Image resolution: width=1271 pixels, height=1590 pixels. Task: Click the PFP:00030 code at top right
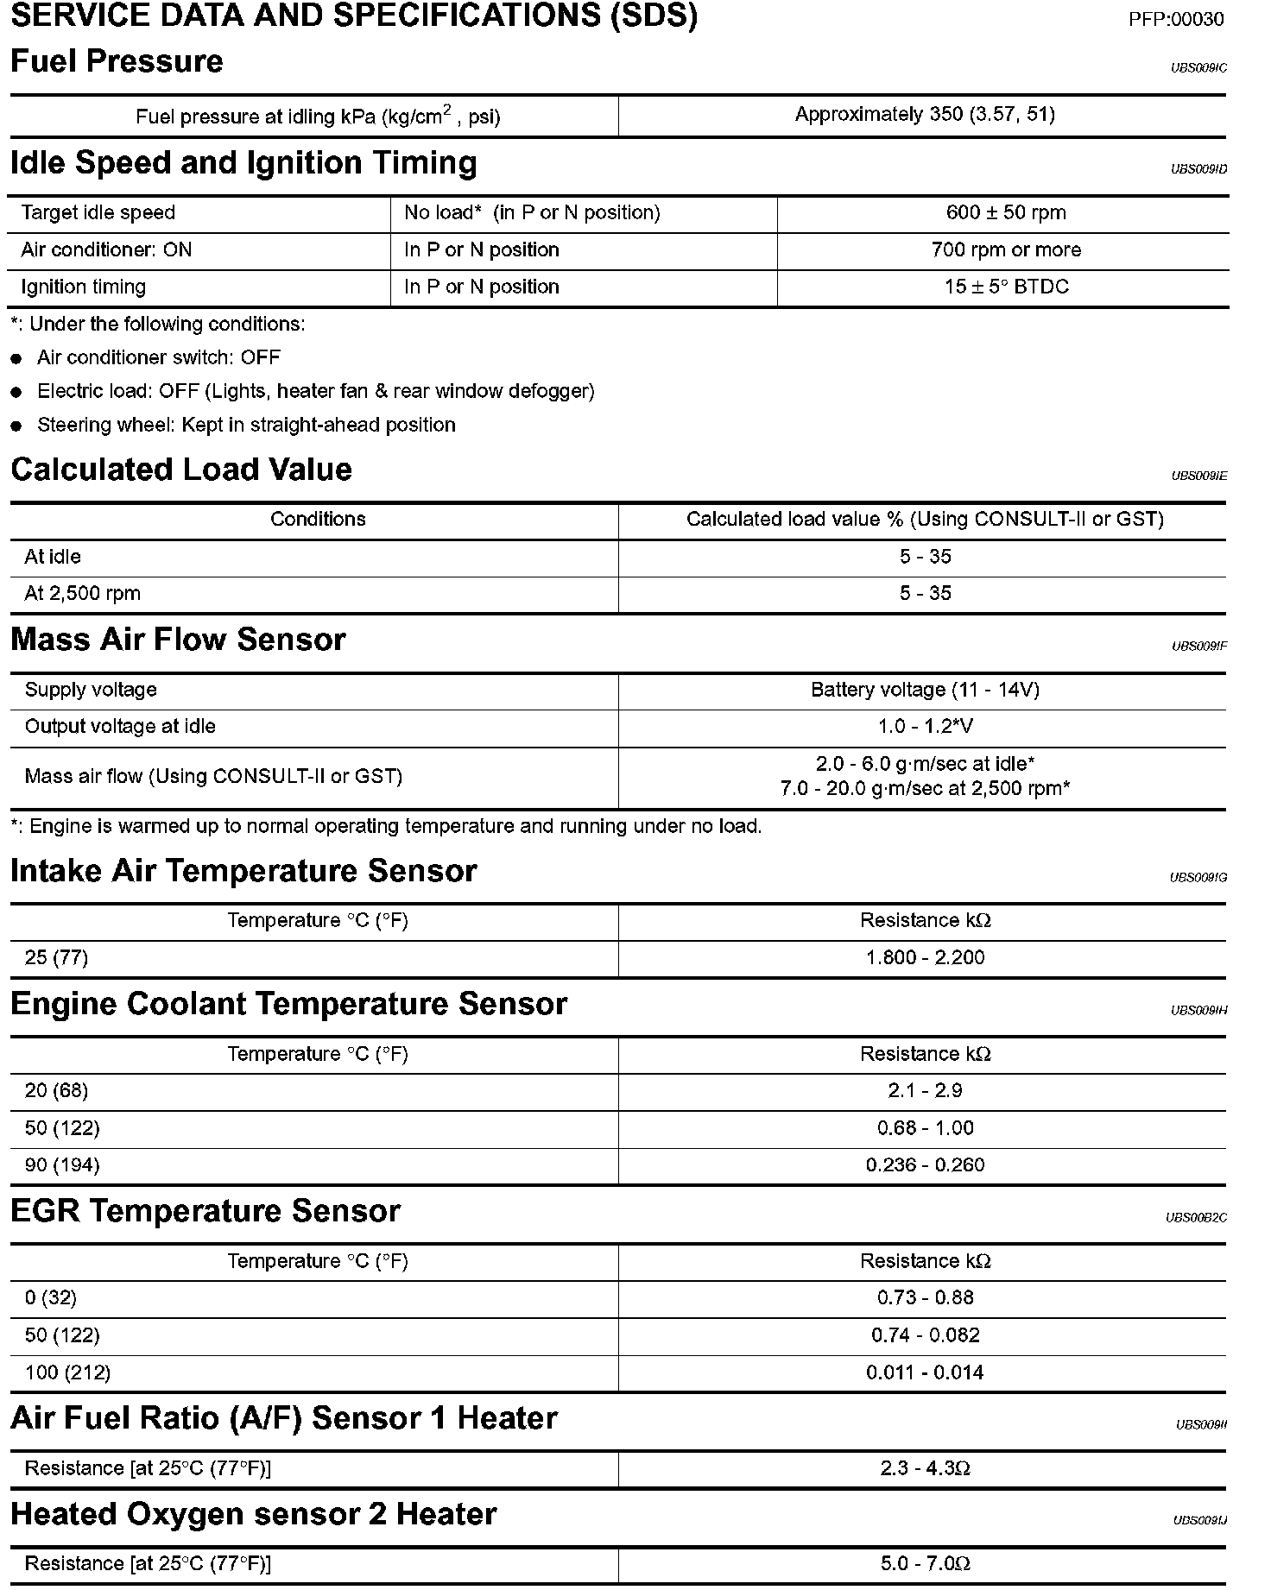(1175, 19)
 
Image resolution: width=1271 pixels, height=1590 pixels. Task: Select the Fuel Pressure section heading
(117, 61)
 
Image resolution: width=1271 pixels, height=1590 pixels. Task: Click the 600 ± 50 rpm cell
(1006, 212)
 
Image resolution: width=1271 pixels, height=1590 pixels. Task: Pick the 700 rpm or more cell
(1006, 249)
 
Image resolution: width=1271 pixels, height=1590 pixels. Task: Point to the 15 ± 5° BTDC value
(1006, 287)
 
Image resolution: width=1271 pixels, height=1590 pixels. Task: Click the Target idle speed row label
(98, 212)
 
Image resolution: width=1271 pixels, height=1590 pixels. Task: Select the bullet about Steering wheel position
(246, 425)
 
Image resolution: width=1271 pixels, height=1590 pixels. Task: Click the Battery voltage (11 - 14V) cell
(925, 690)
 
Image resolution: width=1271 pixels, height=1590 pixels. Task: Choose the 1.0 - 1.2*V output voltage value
(925, 726)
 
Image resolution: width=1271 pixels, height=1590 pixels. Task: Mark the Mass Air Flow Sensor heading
(178, 640)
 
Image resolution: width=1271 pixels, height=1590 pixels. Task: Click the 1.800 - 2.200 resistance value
(925, 957)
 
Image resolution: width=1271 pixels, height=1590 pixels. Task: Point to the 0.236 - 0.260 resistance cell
(925, 1164)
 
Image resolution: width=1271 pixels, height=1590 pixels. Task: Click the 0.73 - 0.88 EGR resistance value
(925, 1297)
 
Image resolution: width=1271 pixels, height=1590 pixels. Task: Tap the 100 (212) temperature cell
(67, 1372)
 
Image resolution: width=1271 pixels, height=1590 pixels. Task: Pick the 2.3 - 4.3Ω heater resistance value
(925, 1467)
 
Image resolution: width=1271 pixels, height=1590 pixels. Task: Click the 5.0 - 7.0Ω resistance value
(925, 1563)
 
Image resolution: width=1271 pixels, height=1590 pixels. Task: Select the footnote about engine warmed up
(386, 826)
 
